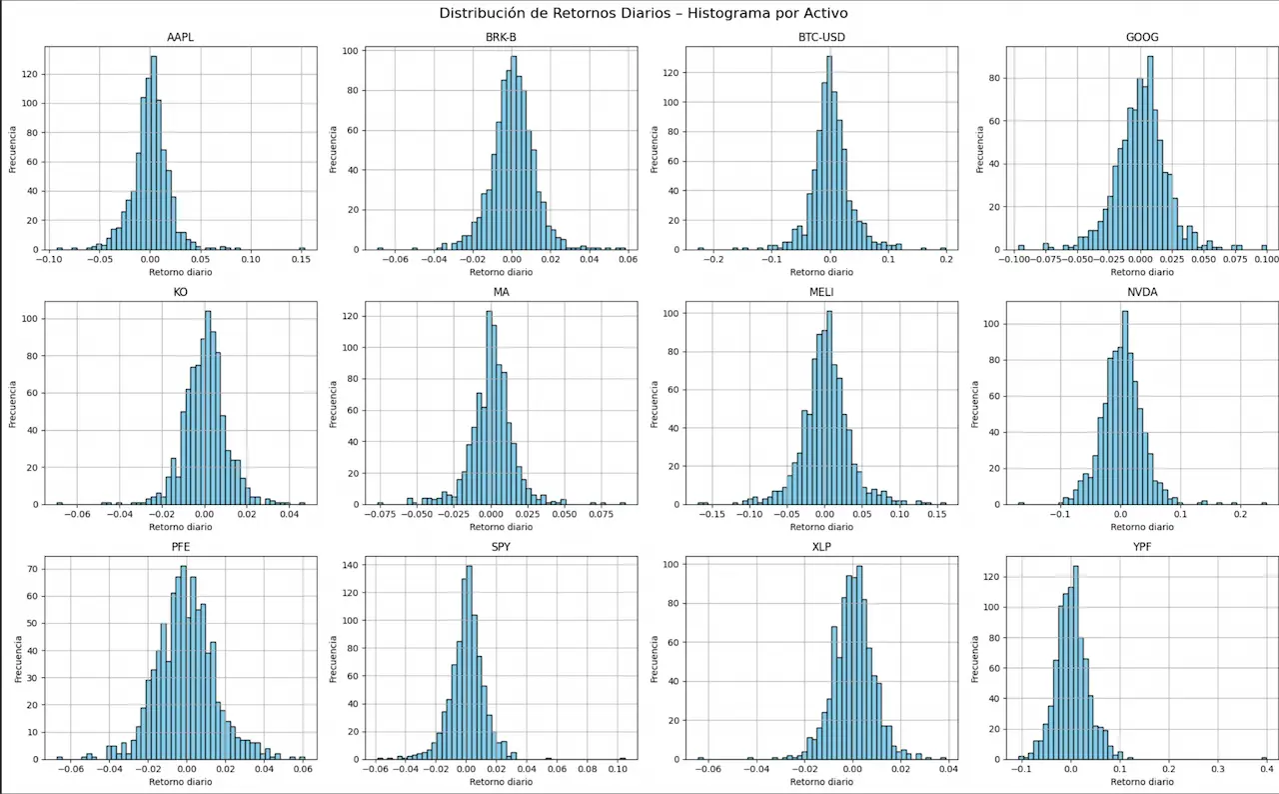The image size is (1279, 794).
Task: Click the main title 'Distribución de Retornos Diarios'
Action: click(639, 13)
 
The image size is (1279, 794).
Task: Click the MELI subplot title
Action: click(822, 293)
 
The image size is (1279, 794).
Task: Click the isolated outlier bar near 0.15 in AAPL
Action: click(302, 248)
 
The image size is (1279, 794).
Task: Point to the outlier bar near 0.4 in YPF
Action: click(1264, 758)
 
